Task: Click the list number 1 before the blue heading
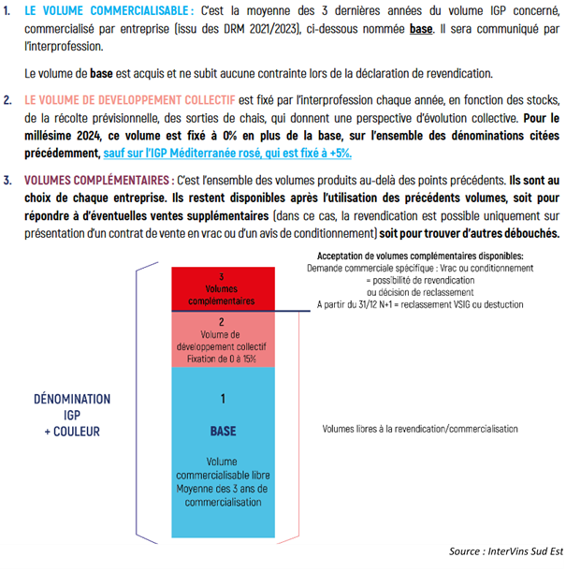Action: pos(7,10)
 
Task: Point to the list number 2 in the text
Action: pos(7,99)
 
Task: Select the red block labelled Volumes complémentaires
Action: pos(222,288)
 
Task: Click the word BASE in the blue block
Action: pos(222,432)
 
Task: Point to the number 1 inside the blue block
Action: pos(222,400)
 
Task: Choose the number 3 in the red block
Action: pos(222,277)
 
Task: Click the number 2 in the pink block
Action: pos(222,322)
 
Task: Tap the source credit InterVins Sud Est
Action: pos(505,551)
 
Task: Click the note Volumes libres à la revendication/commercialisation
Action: pos(419,429)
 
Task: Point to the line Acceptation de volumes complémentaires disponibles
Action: pos(420,256)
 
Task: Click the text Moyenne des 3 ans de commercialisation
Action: pos(222,494)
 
